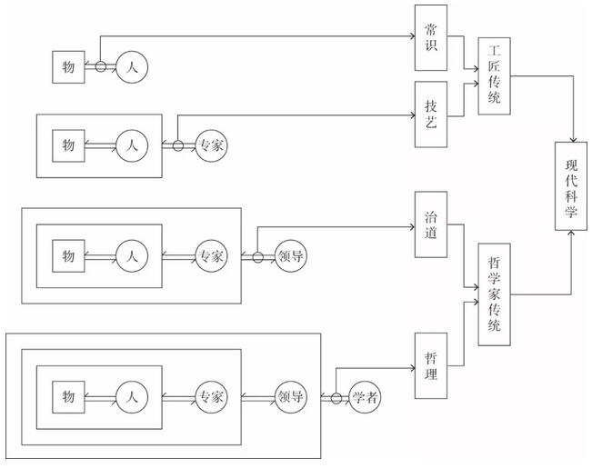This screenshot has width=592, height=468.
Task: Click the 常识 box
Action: pos(431,38)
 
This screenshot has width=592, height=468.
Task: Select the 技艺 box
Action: pos(431,115)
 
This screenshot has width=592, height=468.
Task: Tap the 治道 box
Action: pos(431,224)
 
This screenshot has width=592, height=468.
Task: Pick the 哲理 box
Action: pos(431,365)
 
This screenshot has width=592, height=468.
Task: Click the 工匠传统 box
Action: pos(494,75)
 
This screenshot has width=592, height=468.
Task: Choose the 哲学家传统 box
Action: pos(494,294)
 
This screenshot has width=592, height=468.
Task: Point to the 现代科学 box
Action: pos(571,186)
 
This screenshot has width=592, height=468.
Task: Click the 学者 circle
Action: pos(365,397)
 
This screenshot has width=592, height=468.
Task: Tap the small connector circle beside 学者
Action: pos(336,398)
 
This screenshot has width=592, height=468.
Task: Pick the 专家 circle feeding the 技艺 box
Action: pos(211,145)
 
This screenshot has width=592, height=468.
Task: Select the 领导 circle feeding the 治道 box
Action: pos(290,256)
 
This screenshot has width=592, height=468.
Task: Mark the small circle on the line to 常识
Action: pos(100,66)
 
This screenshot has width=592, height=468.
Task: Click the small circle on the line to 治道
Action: pos(258,257)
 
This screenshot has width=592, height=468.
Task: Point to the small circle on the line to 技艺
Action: pos(178,145)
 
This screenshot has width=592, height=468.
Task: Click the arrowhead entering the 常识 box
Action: pos(412,36)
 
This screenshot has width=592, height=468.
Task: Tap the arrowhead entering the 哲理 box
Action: pos(412,368)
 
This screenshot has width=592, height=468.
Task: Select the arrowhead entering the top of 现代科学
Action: pos(574,140)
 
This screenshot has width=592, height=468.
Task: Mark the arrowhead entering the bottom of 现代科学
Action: pos(571,233)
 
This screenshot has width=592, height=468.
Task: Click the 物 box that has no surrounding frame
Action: pos(68,67)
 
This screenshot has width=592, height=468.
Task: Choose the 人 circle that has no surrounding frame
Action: pos(132,67)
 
